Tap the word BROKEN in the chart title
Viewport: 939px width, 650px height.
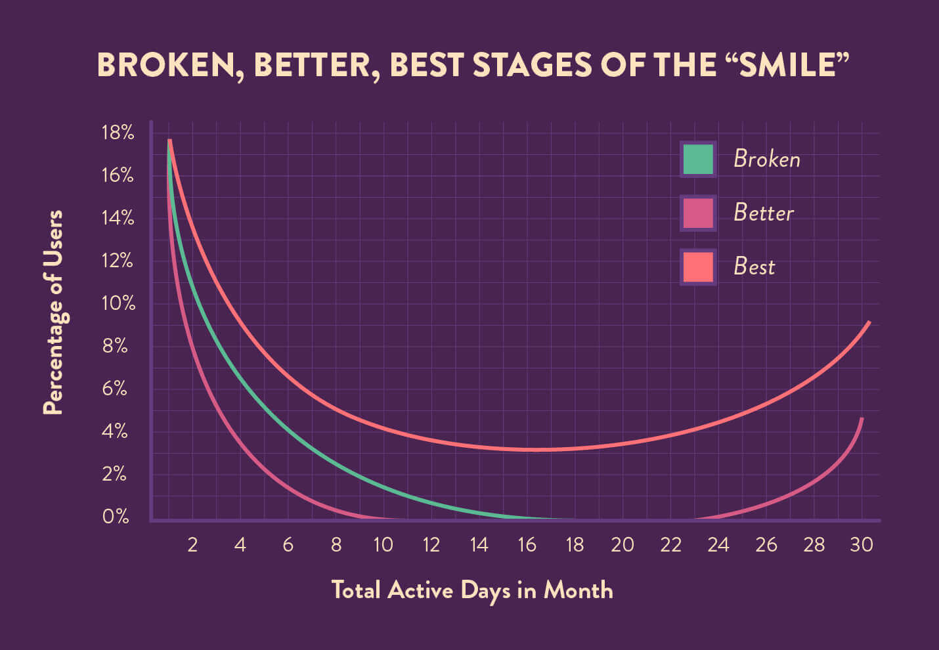pyautogui.click(x=167, y=65)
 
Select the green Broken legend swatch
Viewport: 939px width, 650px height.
pyautogui.click(x=697, y=159)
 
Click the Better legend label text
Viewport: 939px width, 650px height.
pyautogui.click(x=763, y=213)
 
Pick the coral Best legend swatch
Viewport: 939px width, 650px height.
pyautogui.click(x=697, y=267)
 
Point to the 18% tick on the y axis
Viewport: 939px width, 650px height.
pyautogui.click(x=118, y=133)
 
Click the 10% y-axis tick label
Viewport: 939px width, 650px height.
pyautogui.click(x=118, y=303)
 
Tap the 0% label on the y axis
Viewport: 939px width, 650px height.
pyautogui.click(x=116, y=517)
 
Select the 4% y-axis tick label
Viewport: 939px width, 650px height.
pyautogui.click(x=115, y=431)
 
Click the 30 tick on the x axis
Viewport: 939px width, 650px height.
pyautogui.click(x=861, y=544)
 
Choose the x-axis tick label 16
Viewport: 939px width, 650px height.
pyautogui.click(x=527, y=544)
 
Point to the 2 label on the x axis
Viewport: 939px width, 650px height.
pyautogui.click(x=192, y=544)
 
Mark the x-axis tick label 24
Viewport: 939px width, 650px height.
pyautogui.click(x=718, y=544)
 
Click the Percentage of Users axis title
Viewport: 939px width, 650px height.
pyautogui.click(x=53, y=313)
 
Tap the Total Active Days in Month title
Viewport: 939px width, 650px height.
pyautogui.click(x=471, y=590)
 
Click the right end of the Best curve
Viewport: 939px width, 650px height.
pyautogui.click(x=869, y=322)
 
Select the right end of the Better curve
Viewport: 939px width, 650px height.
pyautogui.click(x=861, y=419)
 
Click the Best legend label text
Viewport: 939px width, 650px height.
pyautogui.click(x=754, y=267)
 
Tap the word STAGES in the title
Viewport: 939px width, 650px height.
pyautogui.click(x=532, y=65)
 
